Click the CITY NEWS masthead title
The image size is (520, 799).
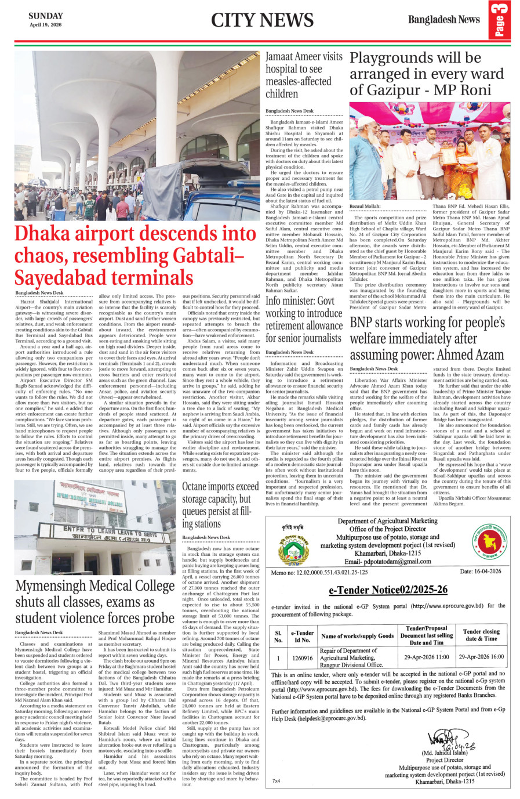[262, 20]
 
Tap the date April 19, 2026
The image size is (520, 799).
[46, 25]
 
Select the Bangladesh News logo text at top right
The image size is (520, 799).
[443, 20]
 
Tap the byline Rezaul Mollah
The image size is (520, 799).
[365, 206]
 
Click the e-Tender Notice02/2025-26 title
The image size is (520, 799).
[388, 590]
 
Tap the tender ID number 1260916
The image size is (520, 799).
[302, 658]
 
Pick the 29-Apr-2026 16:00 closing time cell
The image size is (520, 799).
[481, 657]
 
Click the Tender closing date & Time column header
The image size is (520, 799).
[481, 635]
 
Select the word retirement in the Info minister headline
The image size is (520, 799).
[292, 326]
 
